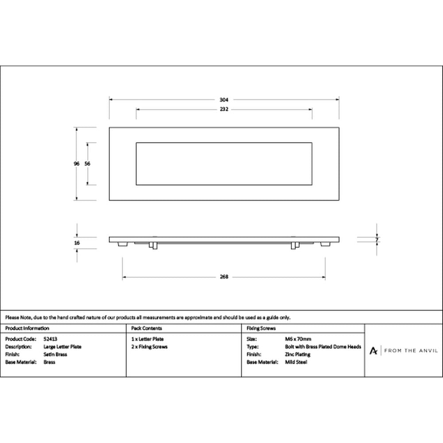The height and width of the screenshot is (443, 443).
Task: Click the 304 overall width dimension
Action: tap(224, 100)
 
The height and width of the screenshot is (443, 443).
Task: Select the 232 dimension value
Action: tap(224, 109)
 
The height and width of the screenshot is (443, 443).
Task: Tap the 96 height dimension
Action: tap(77, 163)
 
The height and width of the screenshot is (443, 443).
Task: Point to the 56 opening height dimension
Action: tap(87, 163)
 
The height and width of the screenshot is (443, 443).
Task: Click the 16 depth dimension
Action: tap(77, 243)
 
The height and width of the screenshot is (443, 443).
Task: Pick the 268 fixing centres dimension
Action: tap(224, 277)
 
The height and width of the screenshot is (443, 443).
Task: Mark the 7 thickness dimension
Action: tap(377, 240)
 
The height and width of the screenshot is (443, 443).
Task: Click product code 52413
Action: tap(51, 339)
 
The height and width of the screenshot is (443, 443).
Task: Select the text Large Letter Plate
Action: tap(62, 347)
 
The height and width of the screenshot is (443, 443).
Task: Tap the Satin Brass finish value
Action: tap(55, 354)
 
